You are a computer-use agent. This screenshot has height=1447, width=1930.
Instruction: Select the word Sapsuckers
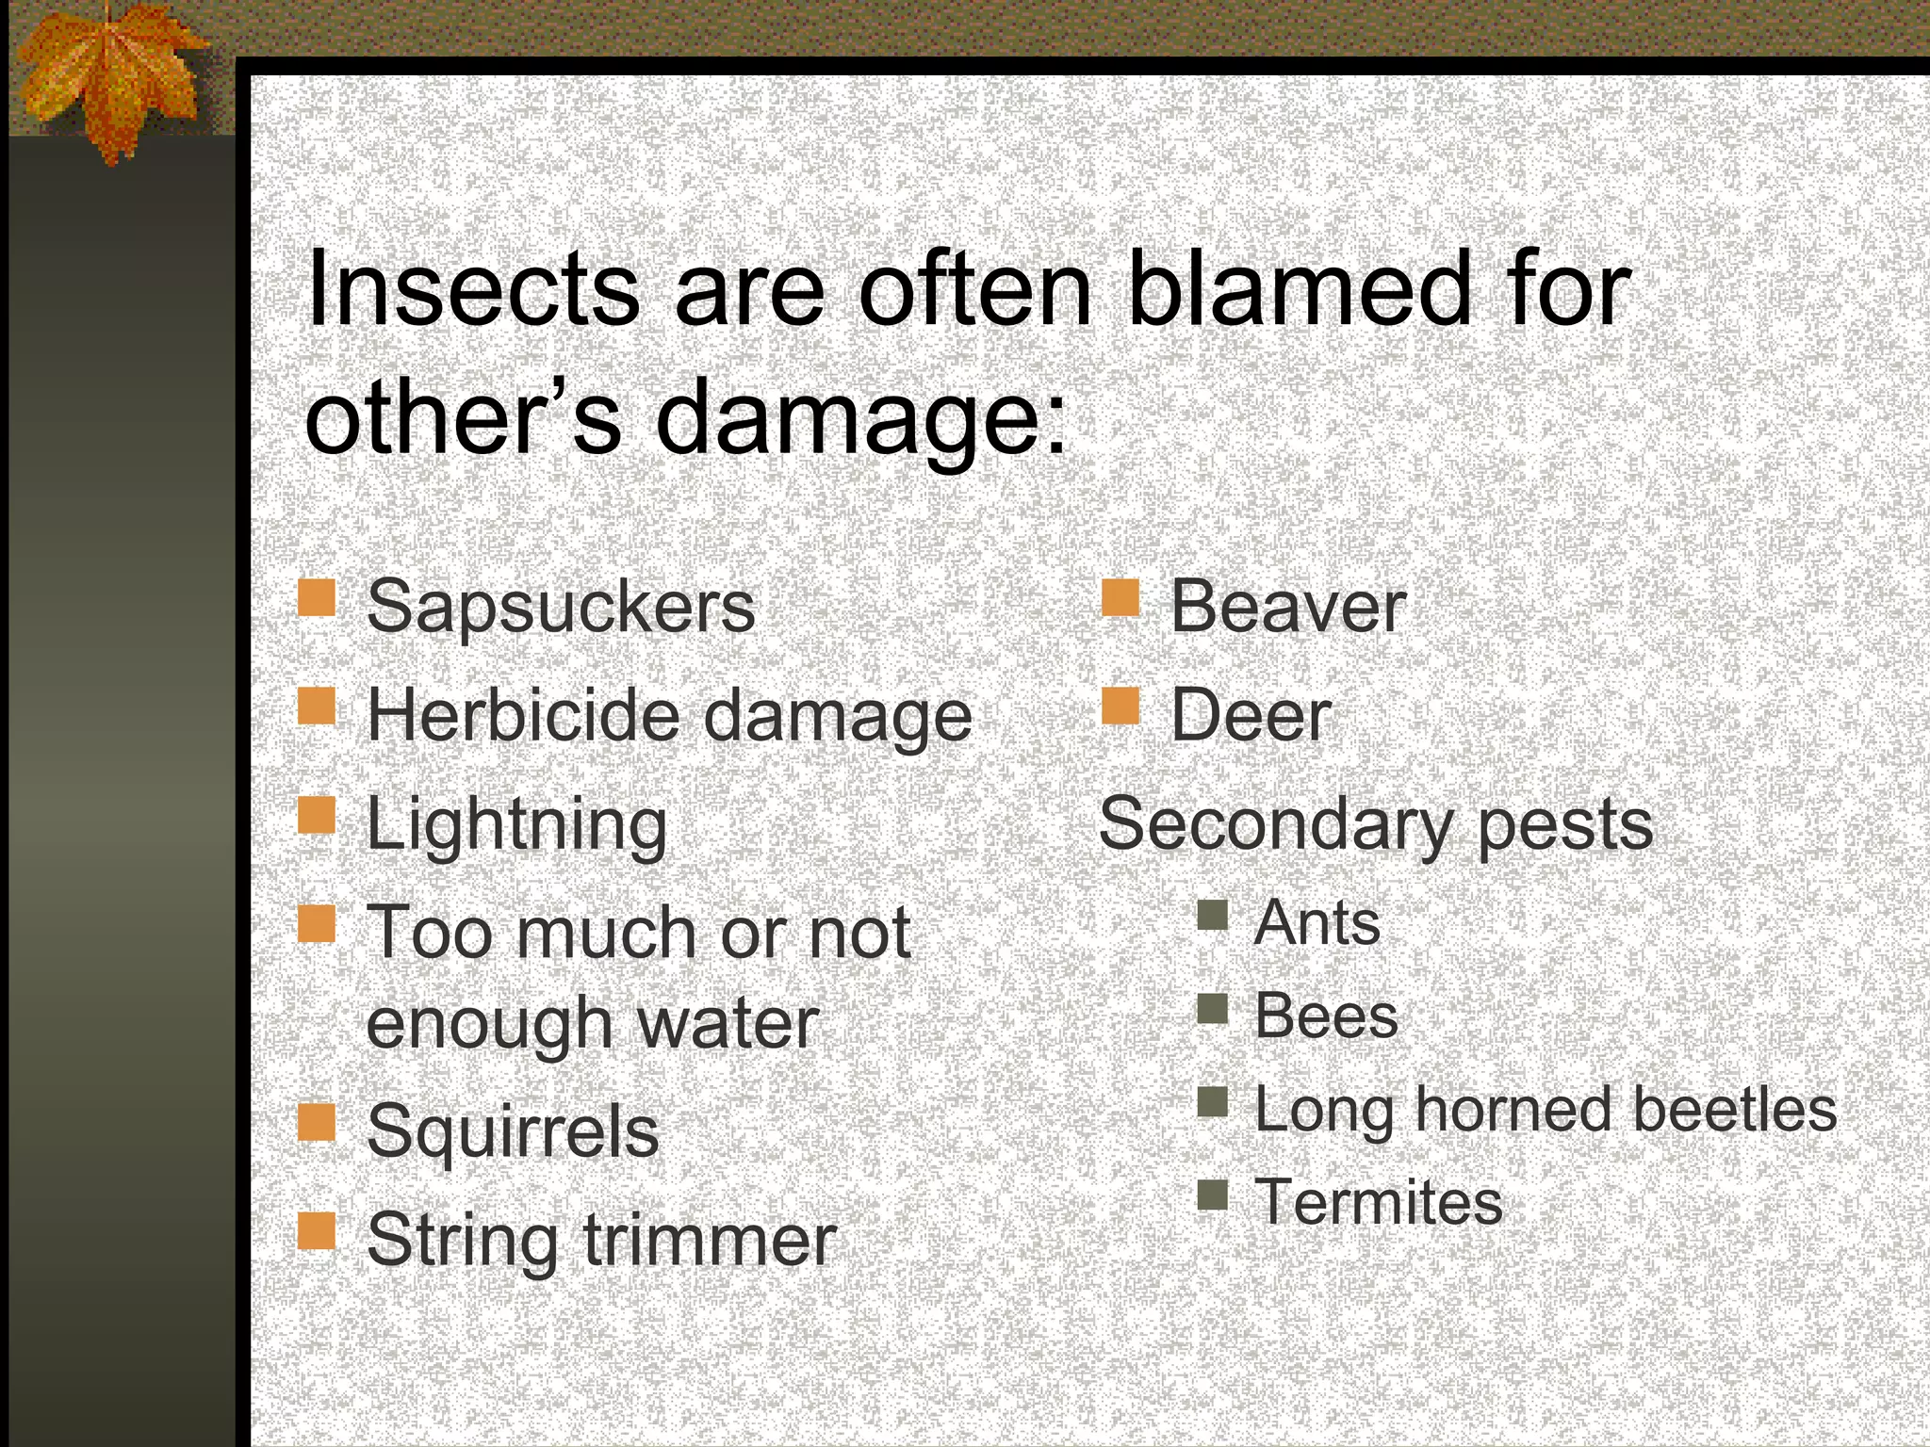pos(561,607)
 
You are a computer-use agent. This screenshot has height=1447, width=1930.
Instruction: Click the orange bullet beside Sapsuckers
pos(317,597)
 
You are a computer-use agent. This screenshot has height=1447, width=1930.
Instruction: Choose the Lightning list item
pos(516,824)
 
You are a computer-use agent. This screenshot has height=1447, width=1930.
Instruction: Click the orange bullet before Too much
pos(317,923)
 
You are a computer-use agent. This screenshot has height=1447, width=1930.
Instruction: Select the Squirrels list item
pos(512,1131)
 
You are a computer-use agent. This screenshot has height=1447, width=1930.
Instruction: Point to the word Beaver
pos(1287,607)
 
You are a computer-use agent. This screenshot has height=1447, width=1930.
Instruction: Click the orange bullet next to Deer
pos(1120,705)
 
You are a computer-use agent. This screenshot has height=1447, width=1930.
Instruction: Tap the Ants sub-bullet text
pos(1317,922)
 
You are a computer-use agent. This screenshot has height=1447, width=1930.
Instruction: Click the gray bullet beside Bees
pos(1213,1009)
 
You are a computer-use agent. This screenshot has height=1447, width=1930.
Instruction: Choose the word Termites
pos(1378,1203)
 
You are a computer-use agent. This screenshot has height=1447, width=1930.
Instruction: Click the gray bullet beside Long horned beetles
pos(1213,1101)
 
